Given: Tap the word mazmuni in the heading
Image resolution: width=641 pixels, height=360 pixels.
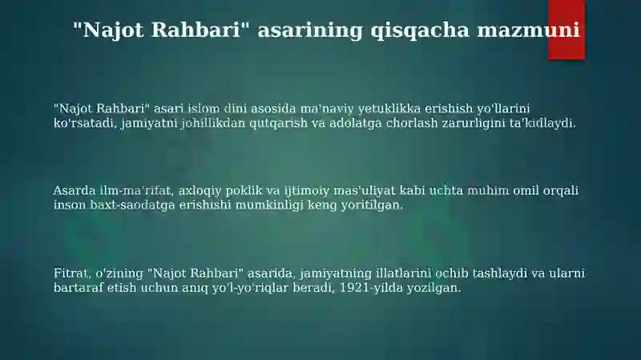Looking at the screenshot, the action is point(529,30).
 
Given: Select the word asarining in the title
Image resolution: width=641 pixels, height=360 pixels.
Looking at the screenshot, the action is point(310,30).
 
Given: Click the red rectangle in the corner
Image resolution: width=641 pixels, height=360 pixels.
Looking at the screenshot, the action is point(566,30).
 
